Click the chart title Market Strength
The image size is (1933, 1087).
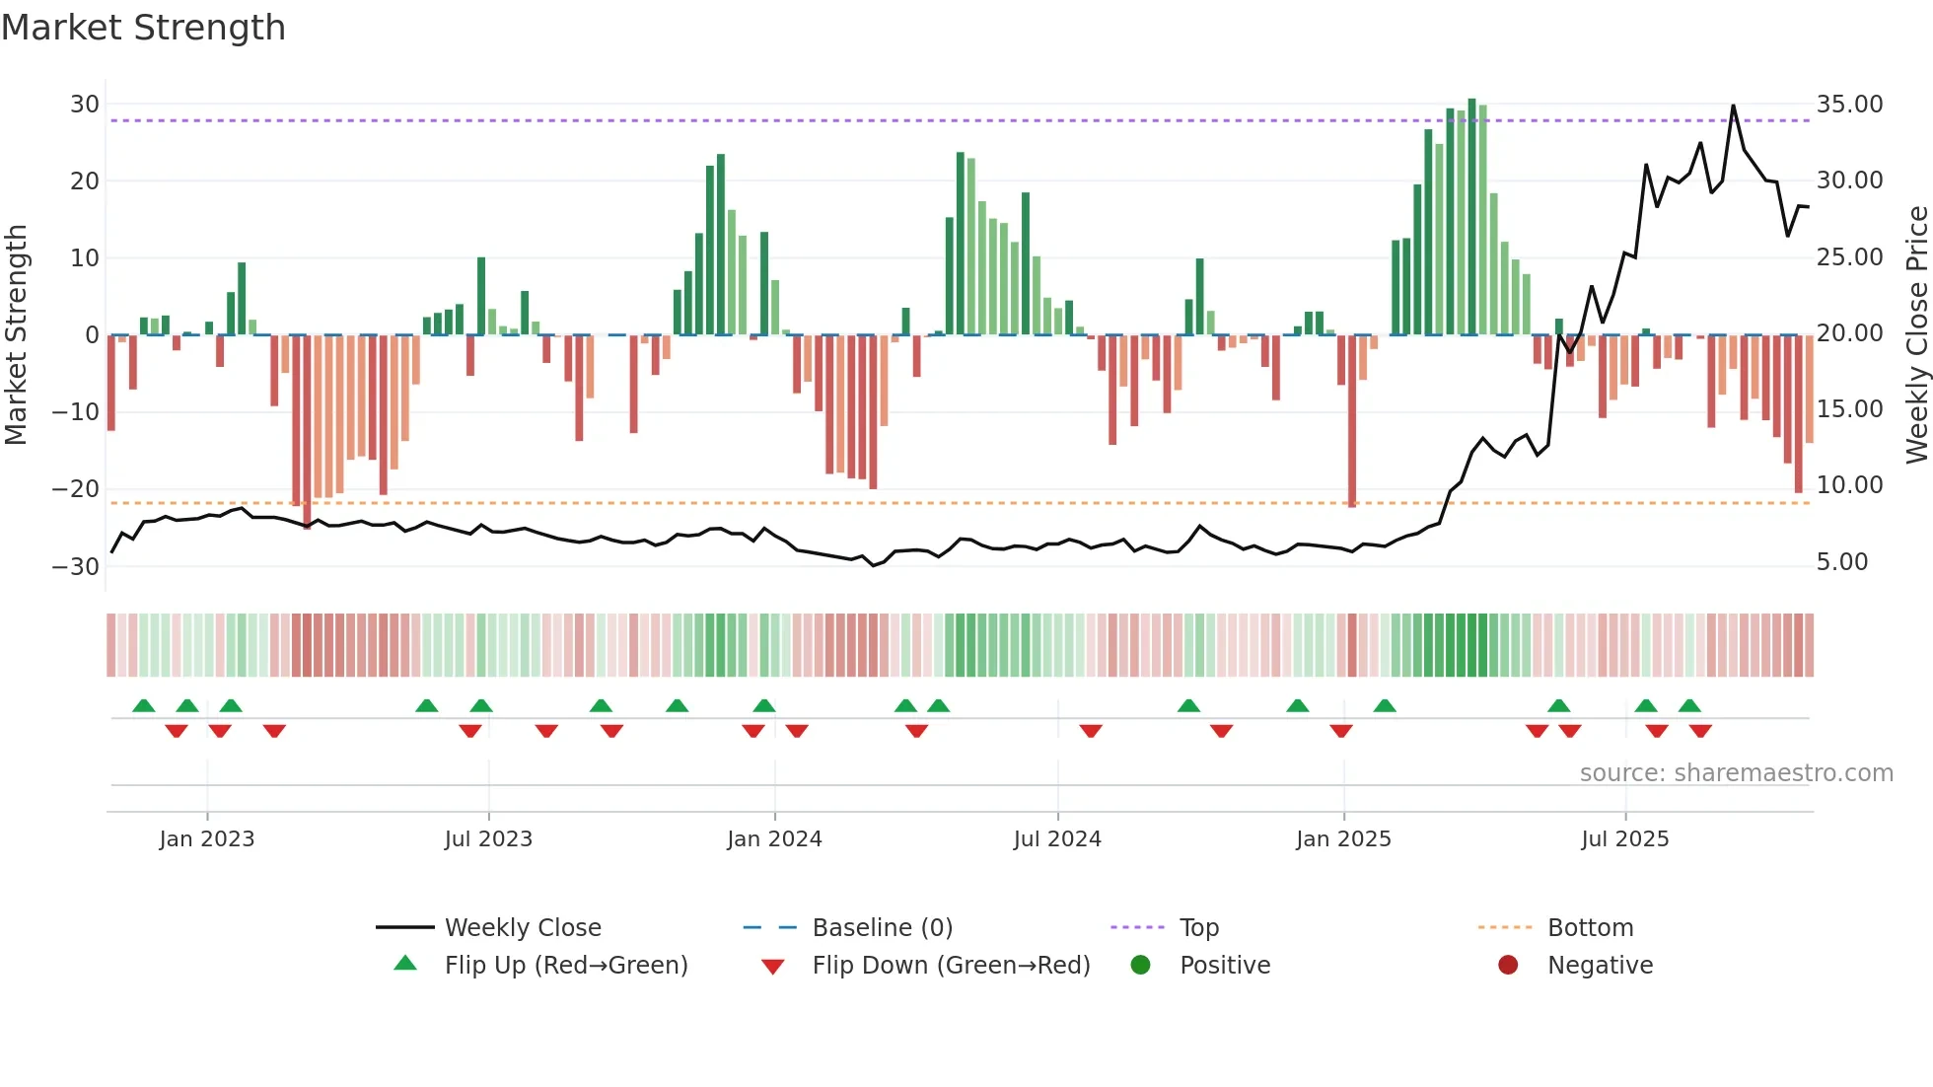coord(143,28)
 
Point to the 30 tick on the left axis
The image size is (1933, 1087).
coord(85,105)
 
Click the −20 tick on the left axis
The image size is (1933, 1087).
coord(76,489)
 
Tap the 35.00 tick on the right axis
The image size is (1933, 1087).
coord(1849,105)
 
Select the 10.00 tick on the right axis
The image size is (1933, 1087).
coord(1849,485)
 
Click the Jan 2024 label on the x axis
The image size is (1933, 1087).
coord(774,839)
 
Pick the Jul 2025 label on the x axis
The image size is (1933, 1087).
coord(1624,839)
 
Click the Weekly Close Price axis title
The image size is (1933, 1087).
coord(1916,335)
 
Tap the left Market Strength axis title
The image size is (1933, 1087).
coord(16,335)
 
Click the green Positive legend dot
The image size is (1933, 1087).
coord(1141,966)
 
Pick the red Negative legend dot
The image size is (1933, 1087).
coord(1508,966)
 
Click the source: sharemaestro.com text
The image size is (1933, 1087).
coord(1736,773)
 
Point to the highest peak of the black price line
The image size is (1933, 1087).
coord(1733,107)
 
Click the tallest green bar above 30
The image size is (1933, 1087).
coord(1471,217)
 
